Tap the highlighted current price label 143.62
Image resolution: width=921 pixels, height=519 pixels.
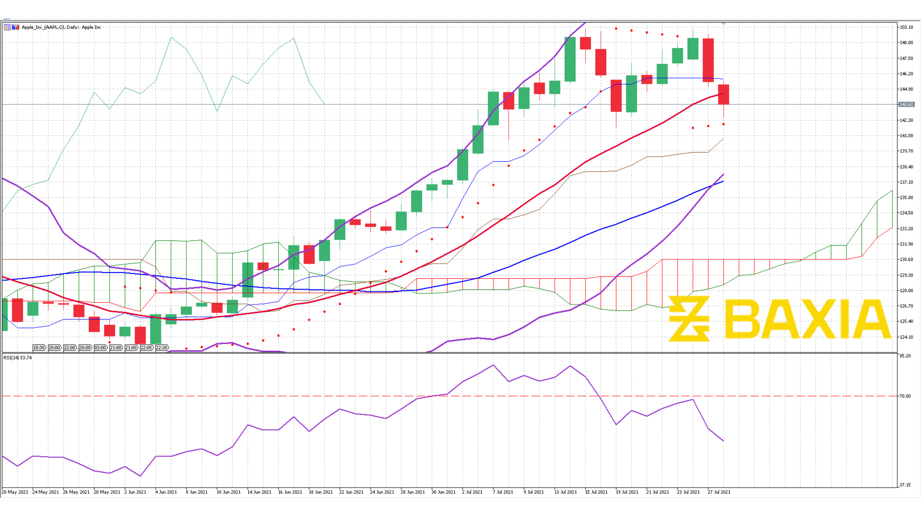(906, 104)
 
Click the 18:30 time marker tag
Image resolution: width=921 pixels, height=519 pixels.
(39, 348)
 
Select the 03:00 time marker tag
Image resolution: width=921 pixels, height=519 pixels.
(101, 348)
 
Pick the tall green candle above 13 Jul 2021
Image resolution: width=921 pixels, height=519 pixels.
(570, 59)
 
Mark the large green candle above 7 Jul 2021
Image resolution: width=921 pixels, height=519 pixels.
(493, 108)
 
